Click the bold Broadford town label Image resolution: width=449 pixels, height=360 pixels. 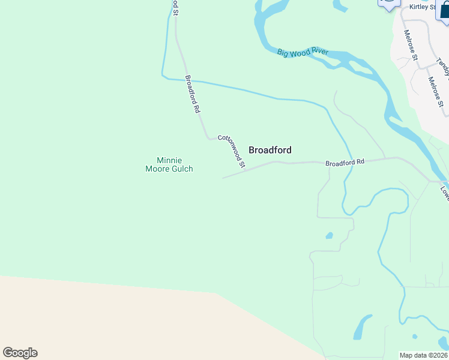270,150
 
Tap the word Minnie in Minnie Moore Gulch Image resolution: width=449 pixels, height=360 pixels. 169,160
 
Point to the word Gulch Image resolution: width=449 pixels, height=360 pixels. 182,169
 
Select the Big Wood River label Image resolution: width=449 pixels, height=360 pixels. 303,53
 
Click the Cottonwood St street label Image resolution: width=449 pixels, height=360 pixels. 232,151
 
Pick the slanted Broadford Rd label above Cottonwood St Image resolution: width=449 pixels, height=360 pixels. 192,94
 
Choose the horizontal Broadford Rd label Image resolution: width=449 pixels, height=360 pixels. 345,162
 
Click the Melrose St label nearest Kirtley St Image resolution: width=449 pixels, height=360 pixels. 411,45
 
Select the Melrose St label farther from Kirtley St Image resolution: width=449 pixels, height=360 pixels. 436,91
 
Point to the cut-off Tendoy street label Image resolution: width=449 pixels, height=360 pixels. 443,67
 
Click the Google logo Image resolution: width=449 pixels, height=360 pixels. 20,353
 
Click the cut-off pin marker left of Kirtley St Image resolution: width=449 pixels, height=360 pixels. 388,4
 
